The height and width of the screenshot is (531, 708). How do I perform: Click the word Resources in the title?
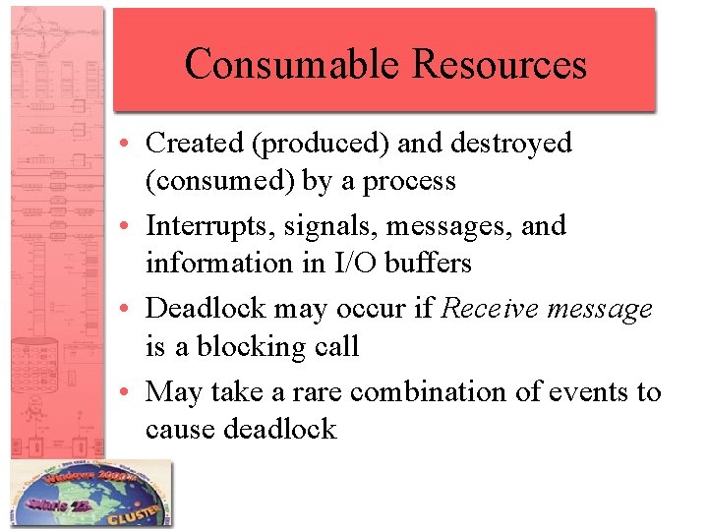click(x=500, y=64)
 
